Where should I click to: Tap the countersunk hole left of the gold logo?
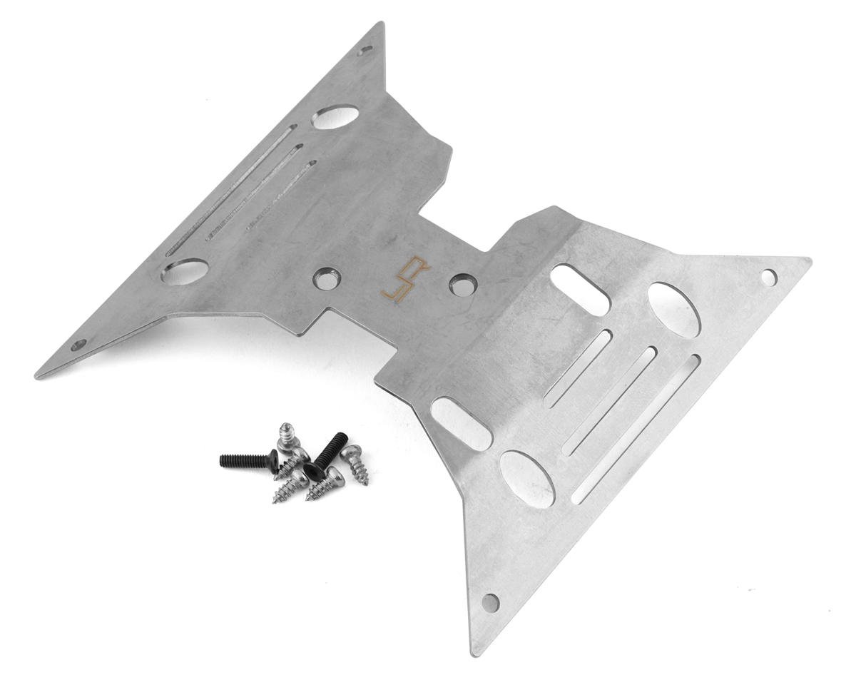point(327,278)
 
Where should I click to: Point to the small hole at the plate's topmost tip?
point(366,51)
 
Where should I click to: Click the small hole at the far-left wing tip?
point(78,345)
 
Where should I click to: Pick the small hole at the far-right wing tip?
point(768,277)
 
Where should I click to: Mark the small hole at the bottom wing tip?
point(490,603)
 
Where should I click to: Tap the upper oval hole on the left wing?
point(335,116)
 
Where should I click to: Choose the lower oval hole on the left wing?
point(185,271)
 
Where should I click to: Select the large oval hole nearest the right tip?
point(674,309)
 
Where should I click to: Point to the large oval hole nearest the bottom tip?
point(527,479)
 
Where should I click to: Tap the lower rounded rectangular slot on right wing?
point(462,423)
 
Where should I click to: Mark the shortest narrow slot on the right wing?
point(578,368)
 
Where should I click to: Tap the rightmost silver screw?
point(355,463)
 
